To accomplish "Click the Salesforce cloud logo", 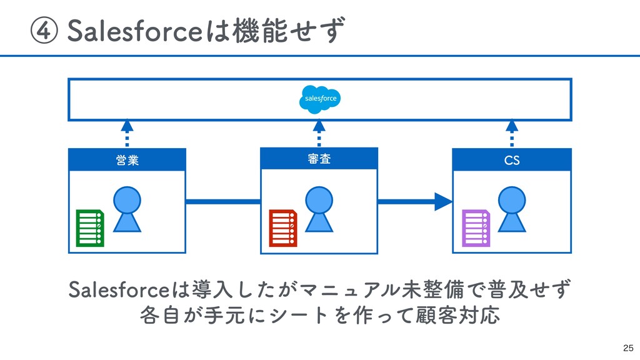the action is (x=319, y=99).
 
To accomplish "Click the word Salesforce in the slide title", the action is (x=135, y=31).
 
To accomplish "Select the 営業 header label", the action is (x=127, y=160).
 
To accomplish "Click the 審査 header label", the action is (x=319, y=159).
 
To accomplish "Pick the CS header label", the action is (x=512, y=161).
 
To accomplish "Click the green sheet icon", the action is (x=90, y=228).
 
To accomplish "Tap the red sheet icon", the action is (x=283, y=228).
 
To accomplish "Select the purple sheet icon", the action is (x=476, y=228).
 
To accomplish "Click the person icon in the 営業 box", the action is (x=127, y=209).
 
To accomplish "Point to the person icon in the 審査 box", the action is (x=319, y=209).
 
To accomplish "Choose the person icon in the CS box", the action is (x=512, y=209).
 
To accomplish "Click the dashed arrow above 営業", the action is (x=127, y=133).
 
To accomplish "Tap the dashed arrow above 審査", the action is (x=319, y=133).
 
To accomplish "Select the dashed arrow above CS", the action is (x=512, y=133).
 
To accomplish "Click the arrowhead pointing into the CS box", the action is (x=443, y=202).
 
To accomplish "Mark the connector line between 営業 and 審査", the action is (x=223, y=202).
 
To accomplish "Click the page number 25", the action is (x=628, y=348).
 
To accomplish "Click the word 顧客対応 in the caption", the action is (x=457, y=315).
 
